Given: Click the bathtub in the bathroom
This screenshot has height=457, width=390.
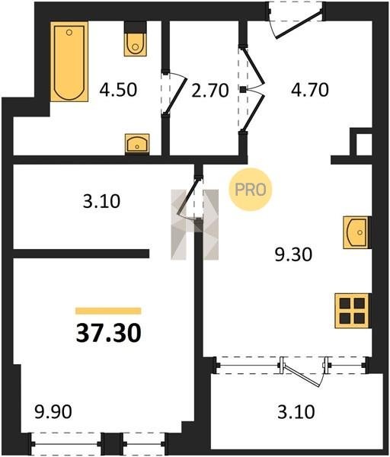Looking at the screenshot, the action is pos(69,62).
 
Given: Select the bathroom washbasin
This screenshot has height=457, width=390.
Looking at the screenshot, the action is pos(137,143).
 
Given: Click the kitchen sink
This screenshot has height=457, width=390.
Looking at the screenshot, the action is pos(357,232).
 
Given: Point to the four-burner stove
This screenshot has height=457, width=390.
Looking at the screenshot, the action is pos(353,311).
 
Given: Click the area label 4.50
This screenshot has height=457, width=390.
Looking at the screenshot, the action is pos(118,90).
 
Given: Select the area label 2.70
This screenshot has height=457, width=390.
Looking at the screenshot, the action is pos(210,91).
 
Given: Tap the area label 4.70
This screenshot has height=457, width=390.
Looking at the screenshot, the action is pos(310,90).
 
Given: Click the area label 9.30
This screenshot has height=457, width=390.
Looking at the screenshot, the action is pos(293,254).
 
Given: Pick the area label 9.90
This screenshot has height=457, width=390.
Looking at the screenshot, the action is pos(53,412).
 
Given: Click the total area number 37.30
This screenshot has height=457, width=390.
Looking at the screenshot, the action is pos(108,333).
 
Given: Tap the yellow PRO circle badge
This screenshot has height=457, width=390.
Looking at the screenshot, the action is pos(251,190).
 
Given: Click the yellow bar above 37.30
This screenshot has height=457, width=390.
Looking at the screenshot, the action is pos(108,311).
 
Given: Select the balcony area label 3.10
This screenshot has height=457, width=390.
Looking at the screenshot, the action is pos(296,412).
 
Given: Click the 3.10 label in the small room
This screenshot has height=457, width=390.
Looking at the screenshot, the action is pos(101,201).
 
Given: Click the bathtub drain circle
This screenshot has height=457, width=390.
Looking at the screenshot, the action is pos(69,32).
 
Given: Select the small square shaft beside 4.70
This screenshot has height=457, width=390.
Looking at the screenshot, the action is pos(364,145).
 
